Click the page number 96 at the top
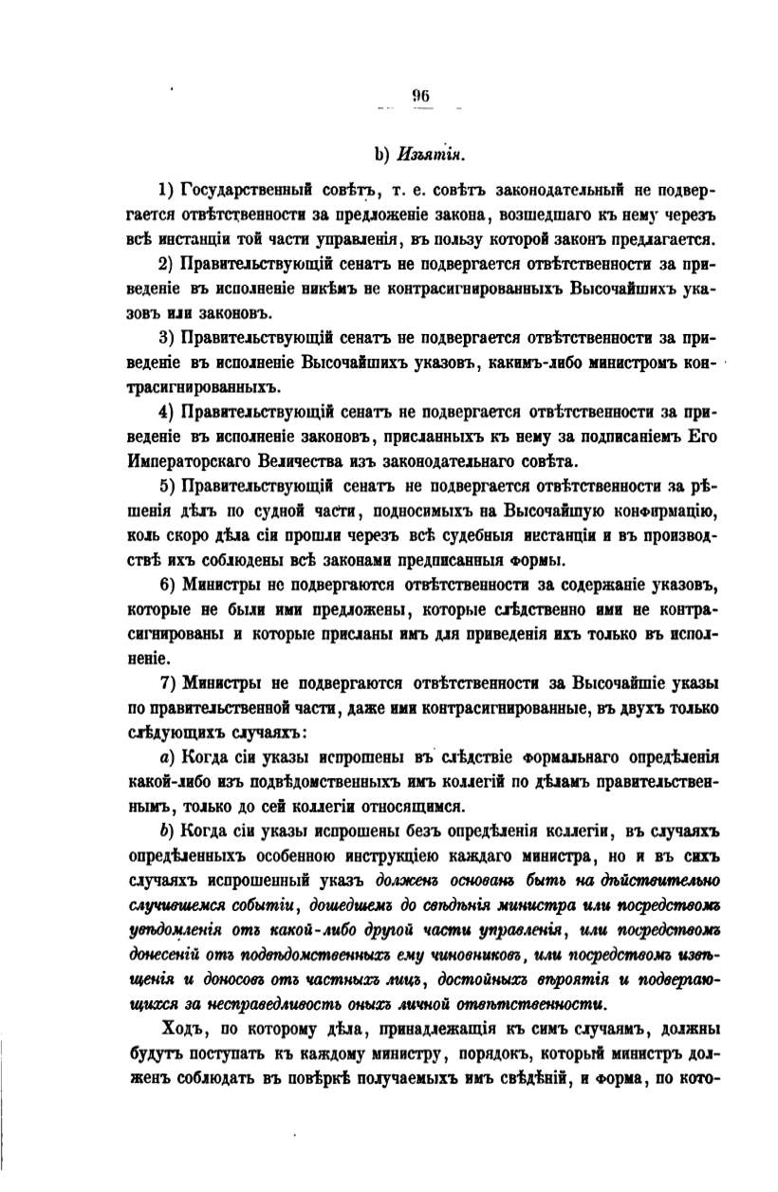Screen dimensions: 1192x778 (422, 94)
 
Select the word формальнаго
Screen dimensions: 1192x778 (516, 759)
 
